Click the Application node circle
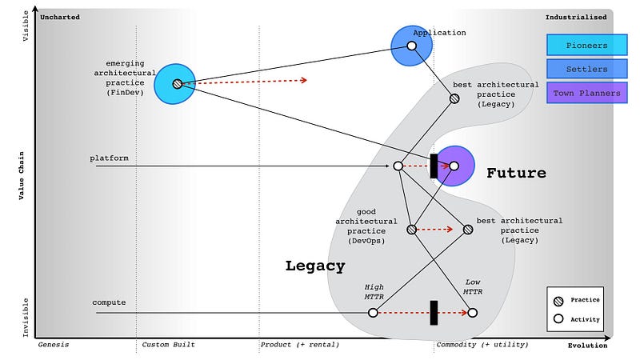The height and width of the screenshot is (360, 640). [412, 46]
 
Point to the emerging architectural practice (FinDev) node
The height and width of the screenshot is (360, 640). [177, 83]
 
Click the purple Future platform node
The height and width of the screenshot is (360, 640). [454, 166]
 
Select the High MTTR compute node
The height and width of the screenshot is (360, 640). [373, 312]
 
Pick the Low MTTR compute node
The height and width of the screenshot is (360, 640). [473, 312]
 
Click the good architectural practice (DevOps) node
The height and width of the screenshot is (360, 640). [411, 229]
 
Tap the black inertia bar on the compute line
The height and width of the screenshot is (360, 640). [434, 312]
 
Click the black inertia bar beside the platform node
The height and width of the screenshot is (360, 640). [434, 166]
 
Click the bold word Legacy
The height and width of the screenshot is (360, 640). [315, 266]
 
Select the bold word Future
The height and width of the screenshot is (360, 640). [516, 173]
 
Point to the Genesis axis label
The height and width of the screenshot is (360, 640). [54, 346]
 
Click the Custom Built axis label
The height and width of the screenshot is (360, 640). [168, 346]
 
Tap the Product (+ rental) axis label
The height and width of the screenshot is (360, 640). [299, 346]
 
